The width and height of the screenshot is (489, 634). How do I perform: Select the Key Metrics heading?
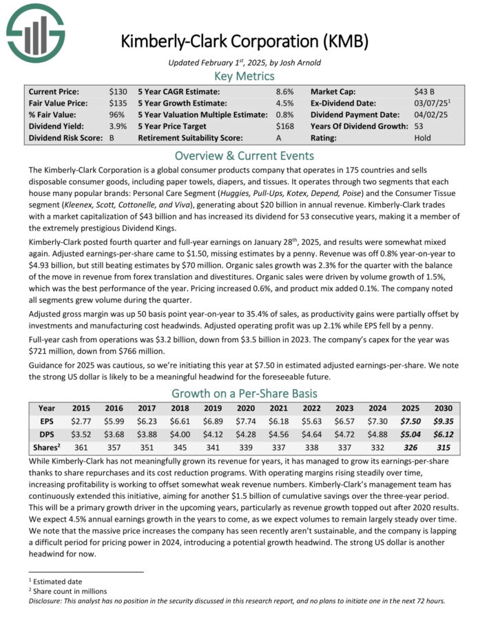coord(244,76)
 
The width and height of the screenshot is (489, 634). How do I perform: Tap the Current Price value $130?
coord(118,91)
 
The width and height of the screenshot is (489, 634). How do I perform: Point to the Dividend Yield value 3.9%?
coord(118,126)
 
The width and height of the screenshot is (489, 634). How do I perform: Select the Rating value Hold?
coord(424,138)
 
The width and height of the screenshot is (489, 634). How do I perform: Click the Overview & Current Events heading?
coord(244,155)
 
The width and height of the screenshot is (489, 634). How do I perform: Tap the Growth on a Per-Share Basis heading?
coord(244,394)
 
